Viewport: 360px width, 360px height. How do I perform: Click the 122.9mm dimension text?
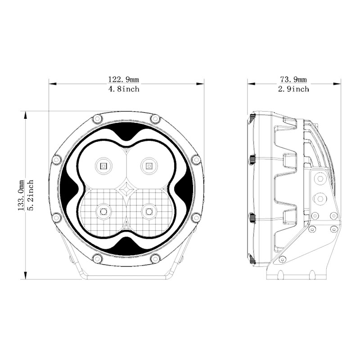[x=123, y=80]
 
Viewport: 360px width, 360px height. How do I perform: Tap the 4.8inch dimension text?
[x=124, y=89]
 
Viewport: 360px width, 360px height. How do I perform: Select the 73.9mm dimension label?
[x=293, y=80]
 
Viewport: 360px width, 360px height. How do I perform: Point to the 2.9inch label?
[x=293, y=89]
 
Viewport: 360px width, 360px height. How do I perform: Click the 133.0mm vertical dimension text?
[x=21, y=195]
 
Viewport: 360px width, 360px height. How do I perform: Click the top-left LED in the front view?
[x=103, y=166]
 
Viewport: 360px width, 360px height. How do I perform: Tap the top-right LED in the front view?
[x=149, y=166]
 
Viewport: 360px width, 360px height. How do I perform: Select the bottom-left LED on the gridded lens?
[x=103, y=211]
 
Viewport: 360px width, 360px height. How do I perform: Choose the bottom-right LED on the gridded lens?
[x=149, y=211]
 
